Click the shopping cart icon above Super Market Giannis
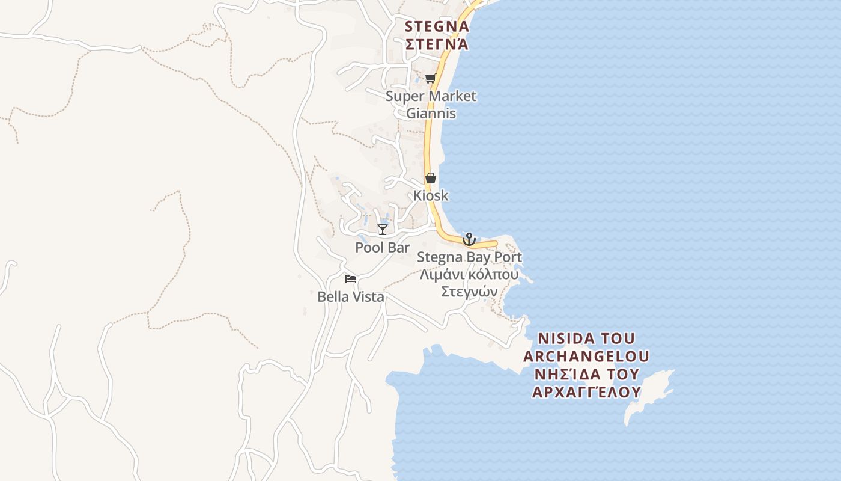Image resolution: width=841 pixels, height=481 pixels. point(430,78)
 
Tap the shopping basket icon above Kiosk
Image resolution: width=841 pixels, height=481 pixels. point(430,178)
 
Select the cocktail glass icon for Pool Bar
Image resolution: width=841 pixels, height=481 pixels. point(382,229)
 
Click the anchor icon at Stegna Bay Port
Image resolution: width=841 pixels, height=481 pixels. point(469,239)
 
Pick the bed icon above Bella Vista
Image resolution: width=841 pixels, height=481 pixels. point(351,278)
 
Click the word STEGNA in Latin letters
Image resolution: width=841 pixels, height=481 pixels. point(437,26)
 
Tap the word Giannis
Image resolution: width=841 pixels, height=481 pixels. point(431,114)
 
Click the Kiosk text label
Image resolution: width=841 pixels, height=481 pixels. point(431,196)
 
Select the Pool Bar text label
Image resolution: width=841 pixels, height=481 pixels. point(382,248)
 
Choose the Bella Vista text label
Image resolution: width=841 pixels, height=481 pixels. point(351,296)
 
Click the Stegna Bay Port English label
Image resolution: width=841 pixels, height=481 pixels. point(469,257)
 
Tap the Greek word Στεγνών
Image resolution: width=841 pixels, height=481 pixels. point(469,292)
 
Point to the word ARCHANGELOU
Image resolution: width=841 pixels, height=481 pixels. point(586,356)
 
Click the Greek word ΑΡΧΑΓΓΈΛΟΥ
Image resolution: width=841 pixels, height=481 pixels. point(586,392)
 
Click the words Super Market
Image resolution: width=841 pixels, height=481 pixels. point(431,96)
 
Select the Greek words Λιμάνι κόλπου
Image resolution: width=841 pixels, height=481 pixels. point(469,275)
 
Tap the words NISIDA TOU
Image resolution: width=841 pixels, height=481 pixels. point(586,338)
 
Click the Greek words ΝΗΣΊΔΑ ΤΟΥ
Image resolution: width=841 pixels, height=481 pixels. point(586,374)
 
